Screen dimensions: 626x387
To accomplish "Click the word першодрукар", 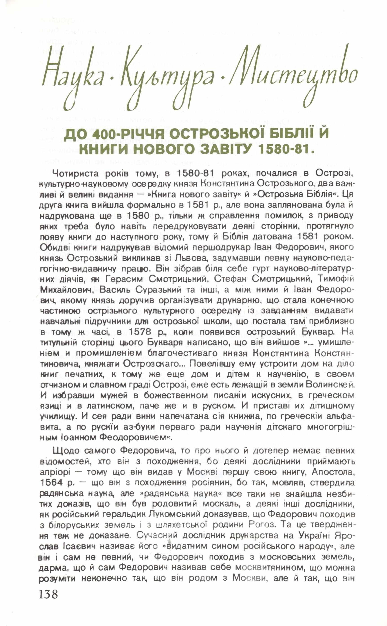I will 218,248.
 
